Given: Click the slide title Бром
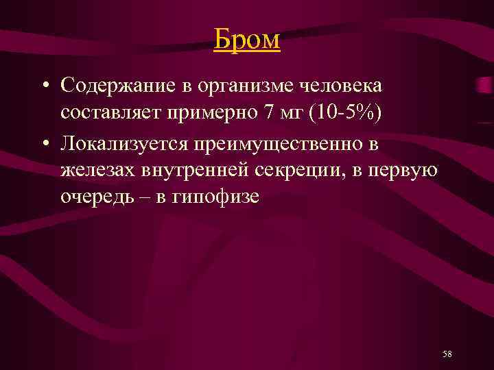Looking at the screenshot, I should (x=246, y=39).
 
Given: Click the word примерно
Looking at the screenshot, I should (x=209, y=112).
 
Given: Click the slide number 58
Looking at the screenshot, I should (x=447, y=354).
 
